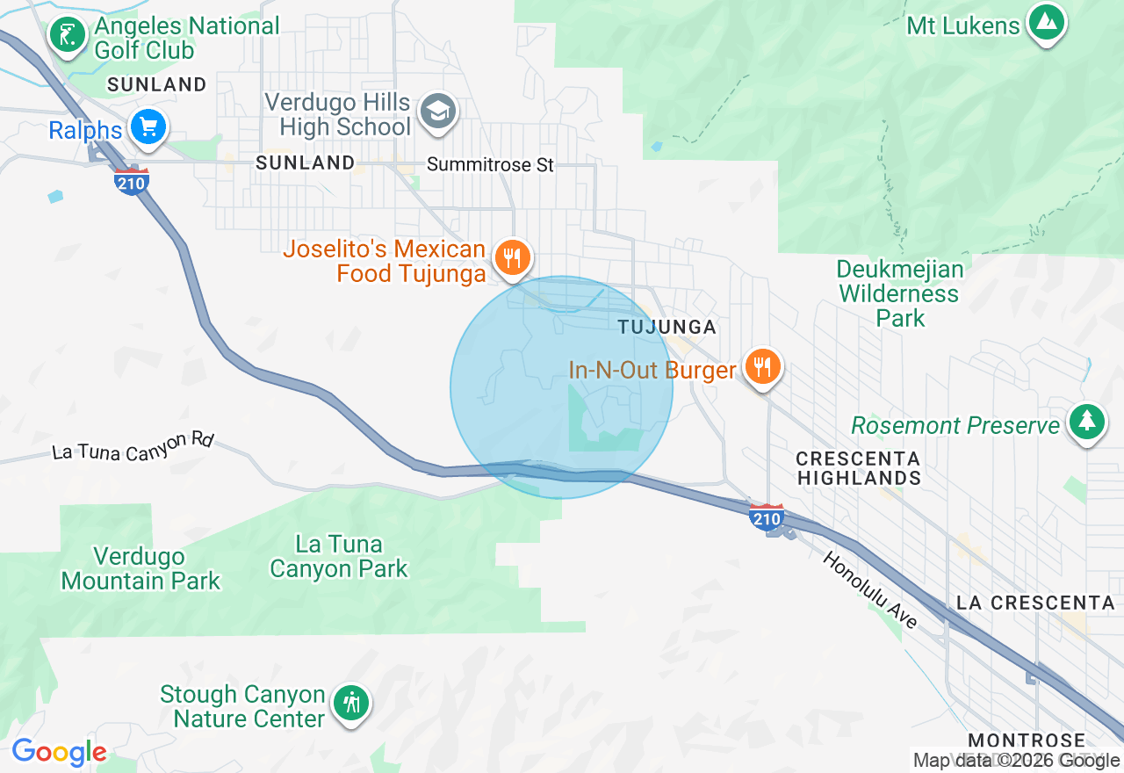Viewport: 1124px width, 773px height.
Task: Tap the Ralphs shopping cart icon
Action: [148, 128]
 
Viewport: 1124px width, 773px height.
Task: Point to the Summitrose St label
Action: [491, 164]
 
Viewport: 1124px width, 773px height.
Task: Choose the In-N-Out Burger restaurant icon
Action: [761, 365]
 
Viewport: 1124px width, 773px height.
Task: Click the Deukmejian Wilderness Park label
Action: [900, 293]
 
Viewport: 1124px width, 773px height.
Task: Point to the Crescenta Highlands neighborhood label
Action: [858, 468]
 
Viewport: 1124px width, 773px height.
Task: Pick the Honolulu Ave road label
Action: [869, 589]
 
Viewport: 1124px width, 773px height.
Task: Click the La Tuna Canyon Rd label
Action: [133, 445]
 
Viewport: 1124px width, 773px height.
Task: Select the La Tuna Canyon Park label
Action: [339, 556]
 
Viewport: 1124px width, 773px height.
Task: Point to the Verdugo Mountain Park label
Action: [140, 568]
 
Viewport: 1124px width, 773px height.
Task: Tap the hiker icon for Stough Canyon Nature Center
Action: [352, 703]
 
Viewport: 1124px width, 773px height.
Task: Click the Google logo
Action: [59, 752]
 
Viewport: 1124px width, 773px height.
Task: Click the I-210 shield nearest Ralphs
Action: [131, 182]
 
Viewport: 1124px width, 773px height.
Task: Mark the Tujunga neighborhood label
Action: [666, 327]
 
